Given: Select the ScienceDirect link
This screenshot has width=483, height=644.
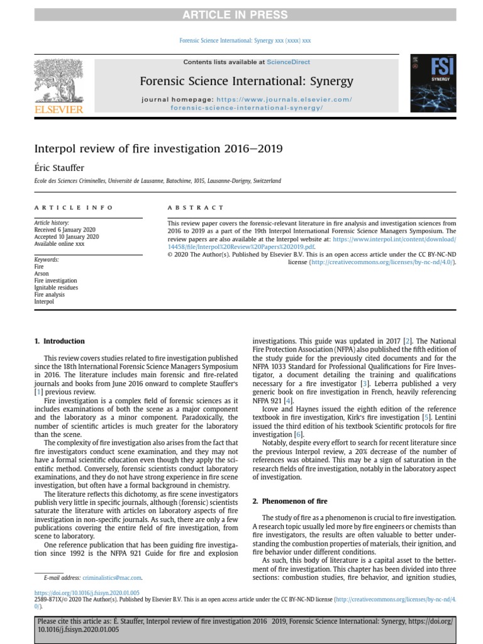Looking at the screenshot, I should coord(288,62).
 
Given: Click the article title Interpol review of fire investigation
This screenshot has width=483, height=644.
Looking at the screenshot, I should coord(158,148).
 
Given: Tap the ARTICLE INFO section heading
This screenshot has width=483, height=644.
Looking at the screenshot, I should coord(74,208).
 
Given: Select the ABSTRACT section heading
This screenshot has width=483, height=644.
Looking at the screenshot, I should coord(196,208).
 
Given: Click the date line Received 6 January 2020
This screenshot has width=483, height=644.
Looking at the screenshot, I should coord(66,230).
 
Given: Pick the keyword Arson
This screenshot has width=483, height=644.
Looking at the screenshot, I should coord(42,274).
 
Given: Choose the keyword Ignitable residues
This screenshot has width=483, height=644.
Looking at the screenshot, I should coord(56,288).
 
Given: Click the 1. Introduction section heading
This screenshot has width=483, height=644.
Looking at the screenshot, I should coord(60,341).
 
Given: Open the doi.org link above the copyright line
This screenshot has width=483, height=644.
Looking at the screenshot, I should coord(87,592).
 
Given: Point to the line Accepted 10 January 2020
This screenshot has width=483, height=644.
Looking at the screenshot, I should coord(67,236).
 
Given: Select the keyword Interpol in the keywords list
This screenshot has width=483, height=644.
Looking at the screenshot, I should coord(44,302).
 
